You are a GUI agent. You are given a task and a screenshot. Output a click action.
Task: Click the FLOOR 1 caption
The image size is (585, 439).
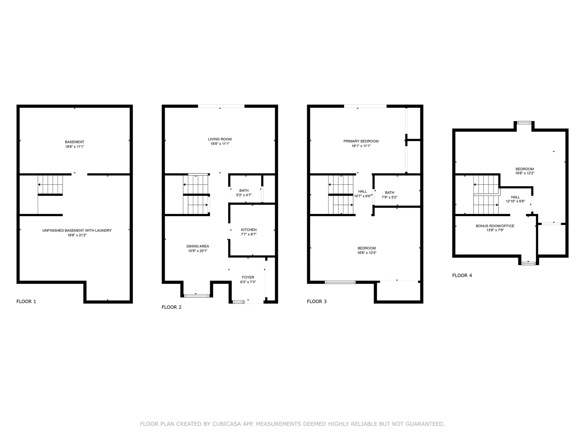pos(26,302)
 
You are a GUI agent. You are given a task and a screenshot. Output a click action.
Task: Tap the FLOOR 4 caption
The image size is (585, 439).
pos(462,275)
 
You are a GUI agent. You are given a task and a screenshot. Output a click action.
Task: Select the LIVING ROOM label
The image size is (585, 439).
pos(220,139)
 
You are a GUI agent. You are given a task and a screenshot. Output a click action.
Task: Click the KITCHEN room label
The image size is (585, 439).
pos(249,230)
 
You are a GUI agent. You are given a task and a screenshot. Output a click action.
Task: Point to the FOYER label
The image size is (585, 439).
pos(248,277)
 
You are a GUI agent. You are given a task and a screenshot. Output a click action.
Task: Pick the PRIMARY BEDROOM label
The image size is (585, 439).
pos(361,141)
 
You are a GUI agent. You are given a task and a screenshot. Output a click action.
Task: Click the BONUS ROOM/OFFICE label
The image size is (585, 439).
pos(495,226)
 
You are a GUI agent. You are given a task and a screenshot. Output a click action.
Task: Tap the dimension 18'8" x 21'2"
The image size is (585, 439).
pos(77,235)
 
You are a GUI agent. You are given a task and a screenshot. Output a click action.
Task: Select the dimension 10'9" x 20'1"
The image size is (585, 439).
pos(197,251)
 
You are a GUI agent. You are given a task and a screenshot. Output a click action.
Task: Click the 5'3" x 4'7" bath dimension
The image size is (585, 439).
pos(244,195)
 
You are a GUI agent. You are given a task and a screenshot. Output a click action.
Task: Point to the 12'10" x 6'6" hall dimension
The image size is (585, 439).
pos(515,201)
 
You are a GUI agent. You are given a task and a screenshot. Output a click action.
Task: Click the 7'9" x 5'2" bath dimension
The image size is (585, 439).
pos(389,197)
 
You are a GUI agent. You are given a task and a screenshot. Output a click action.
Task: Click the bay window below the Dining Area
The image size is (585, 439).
pos(197,295)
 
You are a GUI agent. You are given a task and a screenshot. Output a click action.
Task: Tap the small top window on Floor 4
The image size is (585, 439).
pos(524,123)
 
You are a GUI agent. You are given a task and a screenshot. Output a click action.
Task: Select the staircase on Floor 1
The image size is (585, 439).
pos(50,185)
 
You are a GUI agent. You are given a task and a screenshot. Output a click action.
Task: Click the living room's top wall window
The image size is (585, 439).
pos(221,106)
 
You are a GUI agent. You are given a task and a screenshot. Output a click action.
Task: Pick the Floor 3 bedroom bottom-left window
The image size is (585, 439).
pos(340,282)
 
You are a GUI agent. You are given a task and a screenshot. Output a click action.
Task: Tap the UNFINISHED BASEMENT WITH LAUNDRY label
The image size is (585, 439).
pos(77,230)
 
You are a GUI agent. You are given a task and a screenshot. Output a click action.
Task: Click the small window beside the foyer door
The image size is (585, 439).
pos(238,302)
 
